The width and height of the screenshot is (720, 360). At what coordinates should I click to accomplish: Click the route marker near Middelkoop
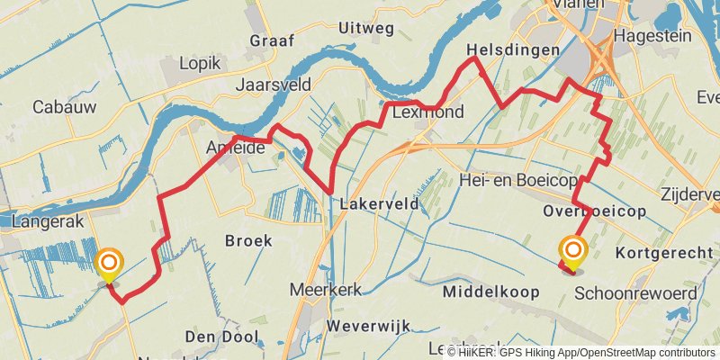pyautogui.click(x=571, y=250)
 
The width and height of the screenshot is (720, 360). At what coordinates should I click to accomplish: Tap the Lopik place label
pyautogui.click(x=199, y=63)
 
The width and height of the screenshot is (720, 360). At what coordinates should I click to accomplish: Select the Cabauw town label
pyautogui.click(x=64, y=106)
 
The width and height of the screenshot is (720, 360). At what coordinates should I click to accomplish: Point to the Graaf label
pyautogui.click(x=272, y=40)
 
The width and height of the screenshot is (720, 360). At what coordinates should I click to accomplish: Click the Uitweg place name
pyautogui.click(x=366, y=29)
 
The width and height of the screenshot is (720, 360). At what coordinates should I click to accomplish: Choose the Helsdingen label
pyautogui.click(x=514, y=50)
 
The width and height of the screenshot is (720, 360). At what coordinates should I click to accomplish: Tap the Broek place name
pyautogui.click(x=247, y=240)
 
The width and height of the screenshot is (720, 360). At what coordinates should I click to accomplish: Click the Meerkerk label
pyautogui.click(x=326, y=290)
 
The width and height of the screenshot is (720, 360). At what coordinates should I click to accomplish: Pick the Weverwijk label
pyautogui.click(x=369, y=324)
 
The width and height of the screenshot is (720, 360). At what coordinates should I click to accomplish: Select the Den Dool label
pyautogui.click(x=220, y=337)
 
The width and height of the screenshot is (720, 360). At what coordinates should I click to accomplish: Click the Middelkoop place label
pyautogui.click(x=491, y=292)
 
